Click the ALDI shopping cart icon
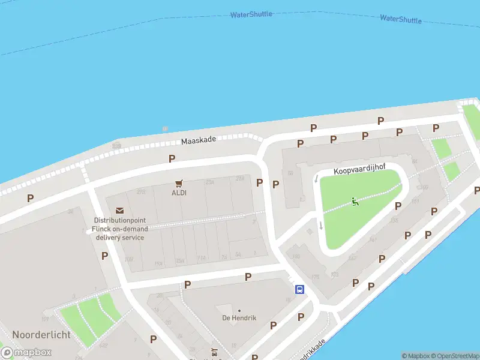[x=178, y=183]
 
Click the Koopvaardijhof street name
[x=359, y=170]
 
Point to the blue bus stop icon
[x=299, y=289]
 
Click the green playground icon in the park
[x=355, y=202]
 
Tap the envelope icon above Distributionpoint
[x=120, y=211]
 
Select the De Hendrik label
[x=239, y=317]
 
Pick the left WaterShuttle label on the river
[x=251, y=14]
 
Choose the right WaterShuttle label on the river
[x=400, y=19]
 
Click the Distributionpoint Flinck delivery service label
[x=120, y=229]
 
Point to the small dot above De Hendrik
[x=239, y=311]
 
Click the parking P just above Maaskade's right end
[x=313, y=128]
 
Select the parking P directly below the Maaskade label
[x=172, y=159]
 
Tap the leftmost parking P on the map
[x=30, y=198]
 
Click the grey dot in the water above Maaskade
[x=165, y=128]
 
